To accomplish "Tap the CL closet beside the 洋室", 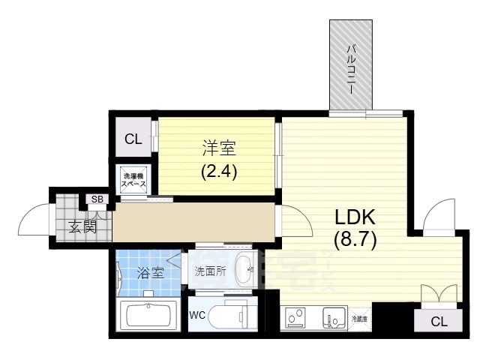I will [133, 139].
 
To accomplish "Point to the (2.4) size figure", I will [218, 171].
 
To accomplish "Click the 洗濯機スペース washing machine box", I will [135, 181].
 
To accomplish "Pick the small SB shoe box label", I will [97, 199].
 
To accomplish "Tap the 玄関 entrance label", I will [82, 226].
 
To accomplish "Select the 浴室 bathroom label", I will [151, 272].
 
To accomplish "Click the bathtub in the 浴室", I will [148, 316].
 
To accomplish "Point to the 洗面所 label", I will [210, 271].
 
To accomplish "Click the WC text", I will [198, 315].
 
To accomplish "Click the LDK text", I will [354, 217].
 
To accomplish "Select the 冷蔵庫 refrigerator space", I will [360, 319].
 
